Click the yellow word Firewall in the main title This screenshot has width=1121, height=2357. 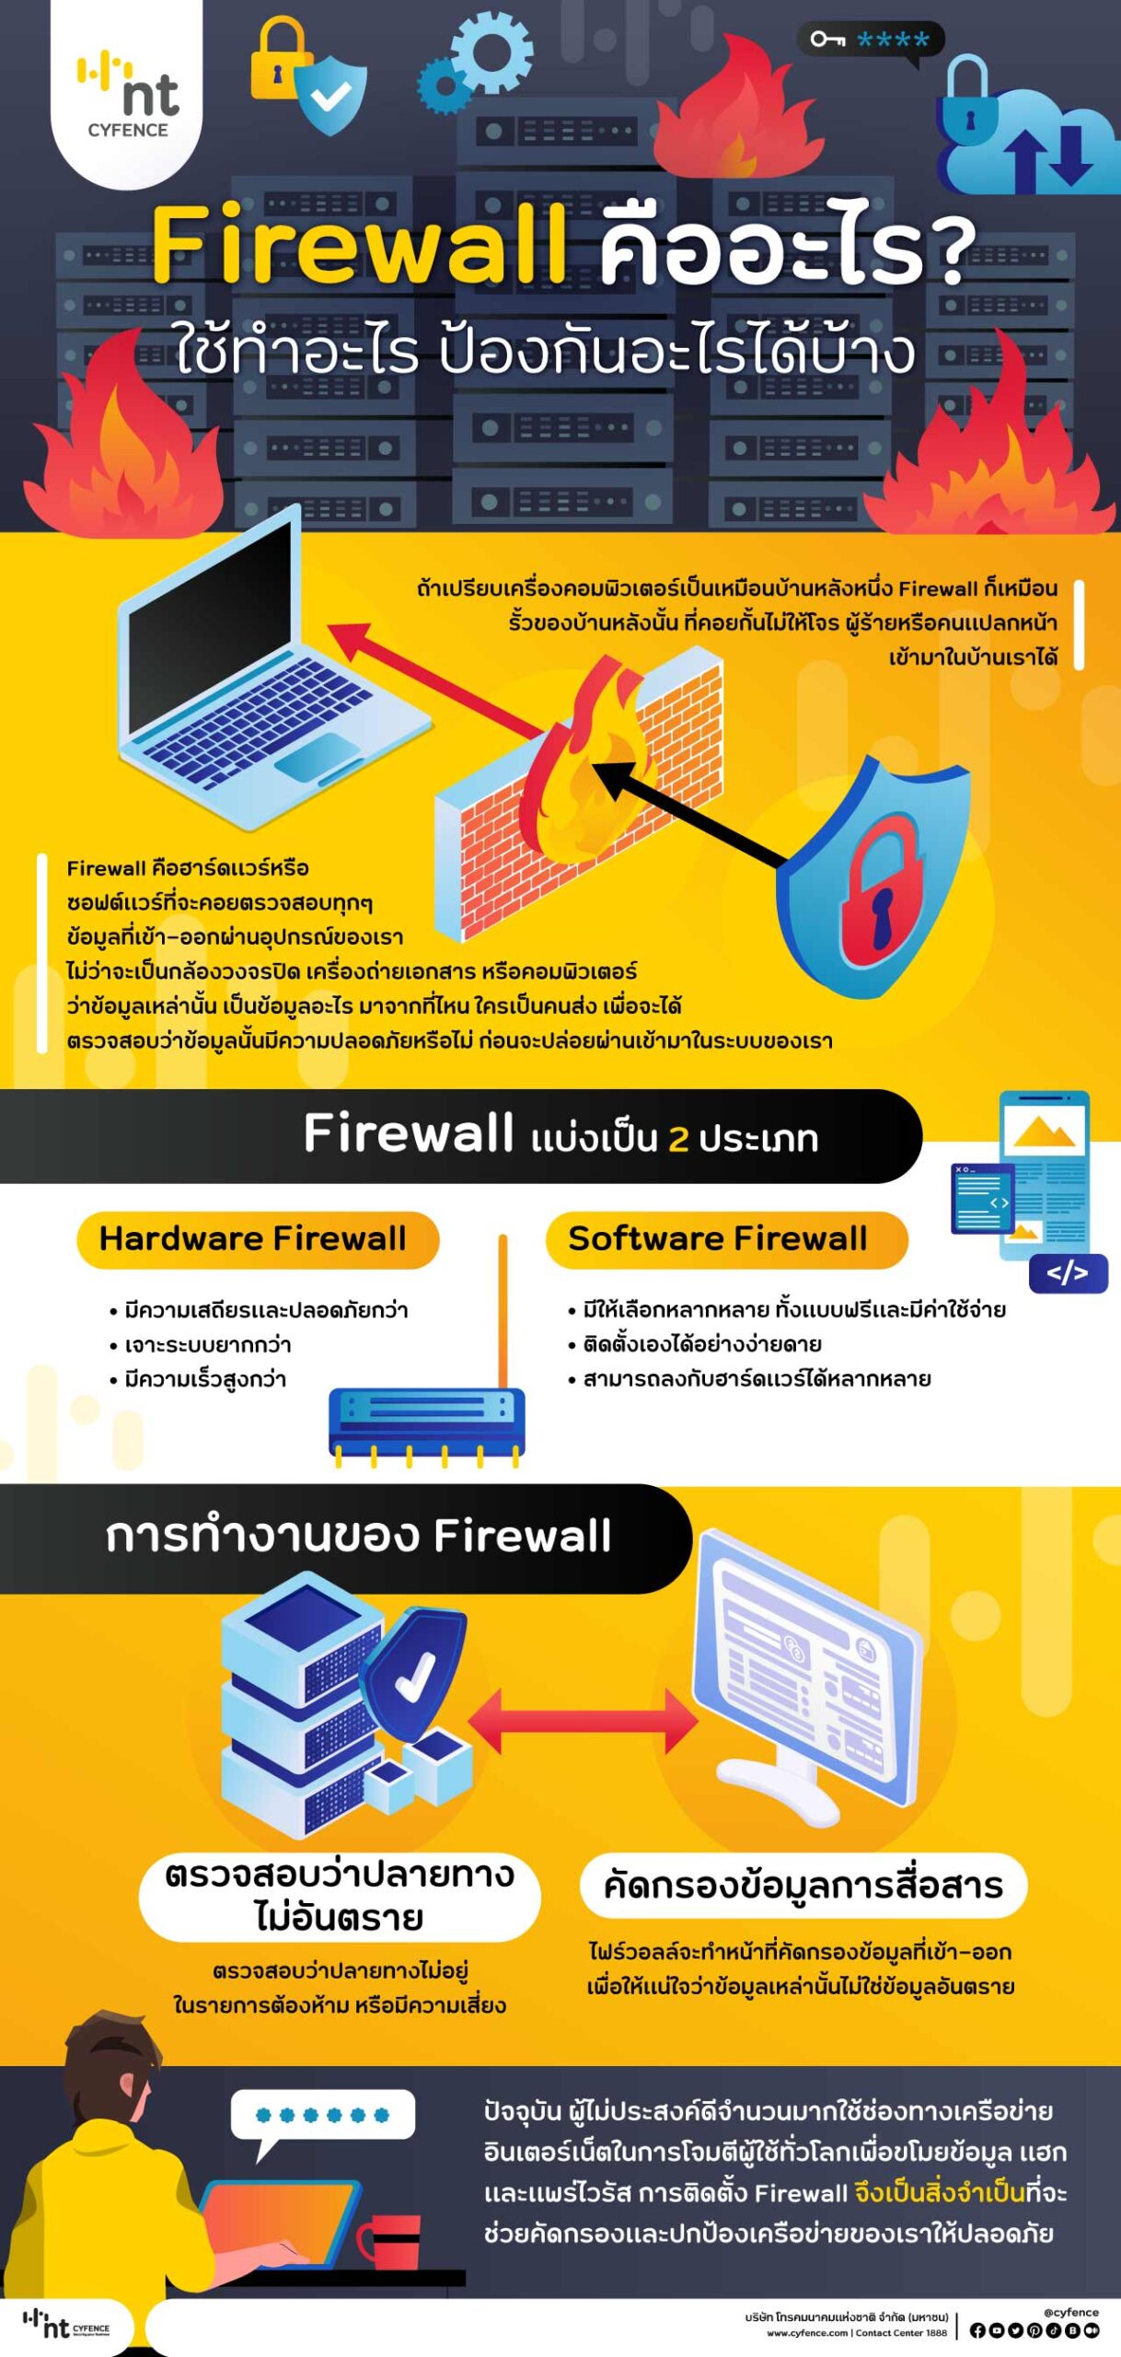[359, 244]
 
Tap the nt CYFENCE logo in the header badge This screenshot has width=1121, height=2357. [128, 95]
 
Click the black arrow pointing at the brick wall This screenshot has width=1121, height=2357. [690, 815]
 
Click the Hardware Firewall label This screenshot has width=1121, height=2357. [253, 1239]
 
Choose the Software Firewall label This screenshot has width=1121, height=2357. [718, 1239]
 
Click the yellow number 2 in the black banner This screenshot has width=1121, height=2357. [678, 1139]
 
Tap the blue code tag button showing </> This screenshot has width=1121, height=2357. [1068, 1273]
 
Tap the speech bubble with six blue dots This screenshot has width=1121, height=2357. [322, 2119]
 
